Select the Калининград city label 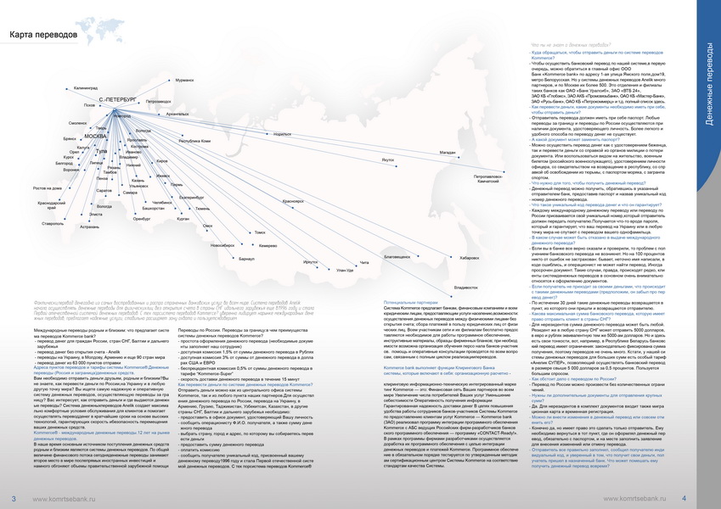tap(87, 87)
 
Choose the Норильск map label tap(282, 134)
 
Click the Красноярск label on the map tap(292, 201)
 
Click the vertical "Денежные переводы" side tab tap(708, 85)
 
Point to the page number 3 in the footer tap(14, 498)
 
